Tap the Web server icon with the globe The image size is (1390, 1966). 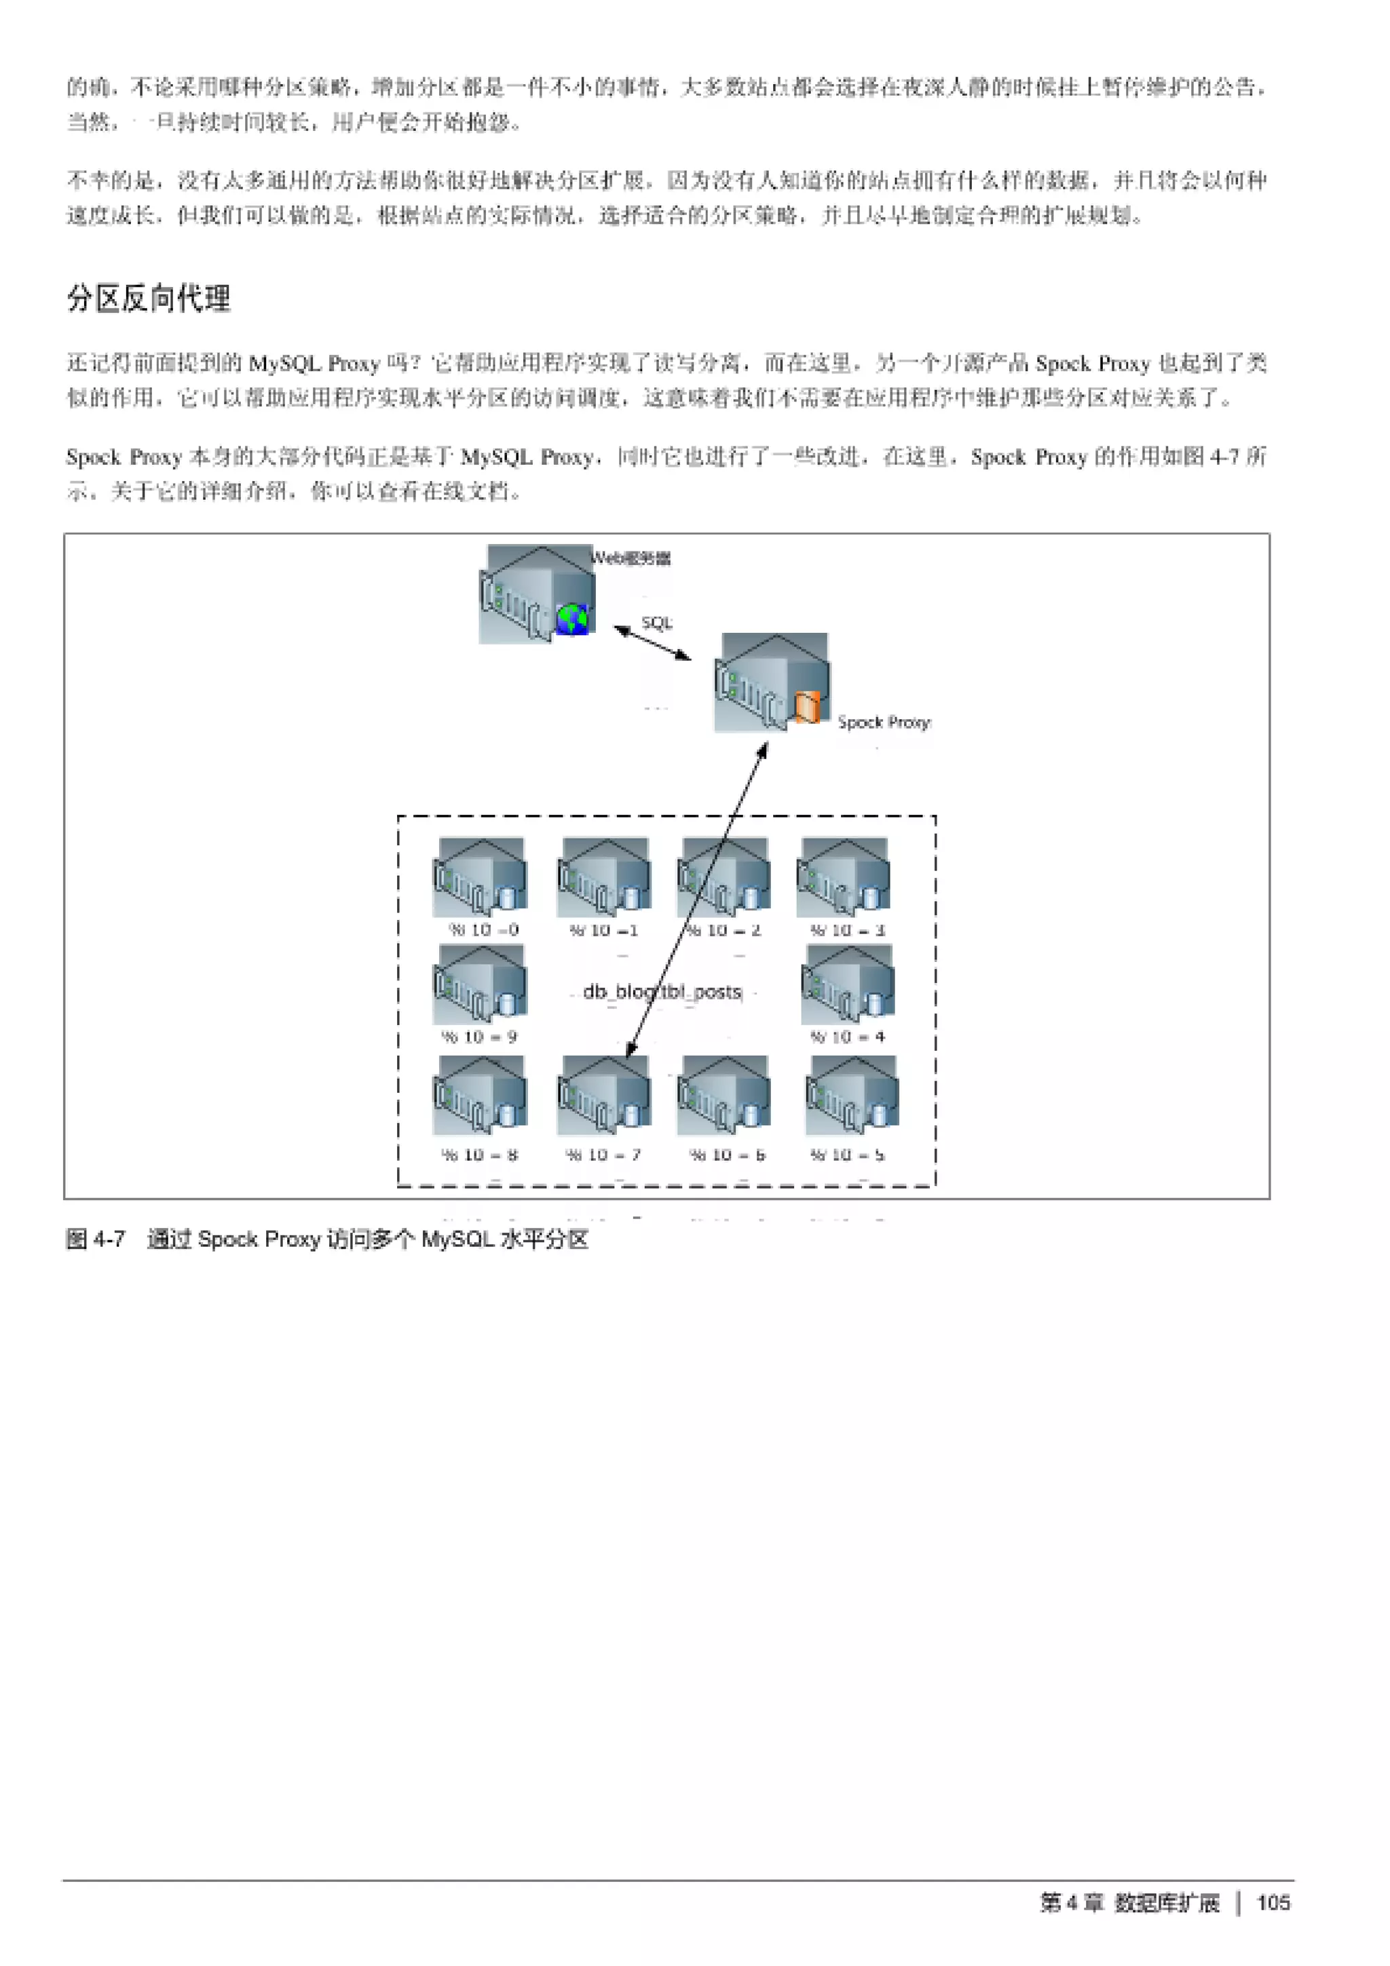pyautogui.click(x=536, y=595)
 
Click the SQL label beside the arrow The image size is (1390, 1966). pyautogui.click(x=657, y=623)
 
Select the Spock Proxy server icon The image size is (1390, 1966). pyautogui.click(x=772, y=682)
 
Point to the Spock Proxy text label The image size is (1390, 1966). pyautogui.click(x=884, y=722)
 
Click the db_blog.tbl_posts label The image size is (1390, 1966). pyautogui.click(x=662, y=992)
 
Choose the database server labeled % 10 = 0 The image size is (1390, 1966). pyautogui.click(x=480, y=878)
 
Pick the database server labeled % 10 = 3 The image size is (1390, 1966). pyautogui.click(x=844, y=878)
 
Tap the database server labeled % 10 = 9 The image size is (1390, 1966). pyautogui.click(x=480, y=985)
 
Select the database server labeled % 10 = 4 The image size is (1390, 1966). pyautogui.click(x=848, y=985)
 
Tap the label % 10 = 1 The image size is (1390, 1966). pyautogui.click(x=604, y=930)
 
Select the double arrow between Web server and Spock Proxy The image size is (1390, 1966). pyautogui.click(x=653, y=642)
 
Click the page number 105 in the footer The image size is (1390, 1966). pyautogui.click(x=1273, y=1903)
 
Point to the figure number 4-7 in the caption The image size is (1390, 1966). pyautogui.click(x=109, y=1239)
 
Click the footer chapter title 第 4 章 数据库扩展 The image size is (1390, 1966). pyautogui.click(x=1129, y=1903)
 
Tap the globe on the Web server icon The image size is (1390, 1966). pyautogui.click(x=573, y=618)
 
